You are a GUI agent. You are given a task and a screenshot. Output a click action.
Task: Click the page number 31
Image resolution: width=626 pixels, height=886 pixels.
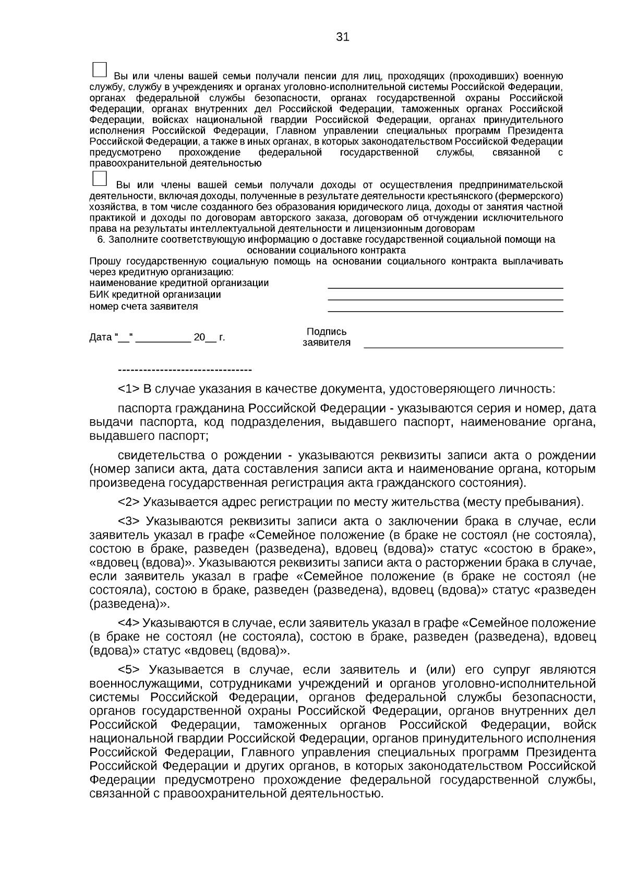pos(342,37)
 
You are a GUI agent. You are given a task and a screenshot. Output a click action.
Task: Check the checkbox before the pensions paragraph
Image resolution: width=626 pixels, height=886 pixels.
pos(99,70)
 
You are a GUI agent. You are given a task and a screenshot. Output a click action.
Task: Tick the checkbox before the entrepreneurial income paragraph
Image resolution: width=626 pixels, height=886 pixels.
pos(99,179)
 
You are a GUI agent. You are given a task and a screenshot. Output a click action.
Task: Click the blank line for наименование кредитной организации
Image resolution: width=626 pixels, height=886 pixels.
pos(445,287)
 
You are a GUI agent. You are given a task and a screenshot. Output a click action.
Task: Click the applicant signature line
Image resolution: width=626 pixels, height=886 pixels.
pos(463,346)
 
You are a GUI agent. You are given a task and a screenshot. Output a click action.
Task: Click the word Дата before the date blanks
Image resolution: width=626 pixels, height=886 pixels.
pos(100,337)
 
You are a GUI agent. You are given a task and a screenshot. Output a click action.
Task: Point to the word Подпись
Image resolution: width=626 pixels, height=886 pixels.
pos(327,332)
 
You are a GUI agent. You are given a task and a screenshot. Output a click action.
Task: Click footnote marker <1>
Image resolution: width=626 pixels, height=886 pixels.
pos(128,389)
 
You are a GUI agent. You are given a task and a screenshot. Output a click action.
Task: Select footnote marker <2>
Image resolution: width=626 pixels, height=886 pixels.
pos(128,502)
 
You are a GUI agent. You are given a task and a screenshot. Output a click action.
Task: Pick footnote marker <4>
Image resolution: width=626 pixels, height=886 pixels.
pos(128,623)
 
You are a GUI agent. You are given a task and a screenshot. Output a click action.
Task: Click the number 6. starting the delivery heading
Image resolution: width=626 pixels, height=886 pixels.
pos(102,240)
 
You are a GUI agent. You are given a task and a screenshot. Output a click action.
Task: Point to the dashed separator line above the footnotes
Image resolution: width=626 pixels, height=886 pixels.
pos(185,370)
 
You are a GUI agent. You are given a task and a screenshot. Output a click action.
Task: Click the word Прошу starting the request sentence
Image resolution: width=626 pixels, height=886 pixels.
pos(105,261)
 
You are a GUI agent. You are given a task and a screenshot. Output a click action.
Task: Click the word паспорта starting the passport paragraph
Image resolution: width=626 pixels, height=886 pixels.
pos(145,408)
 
